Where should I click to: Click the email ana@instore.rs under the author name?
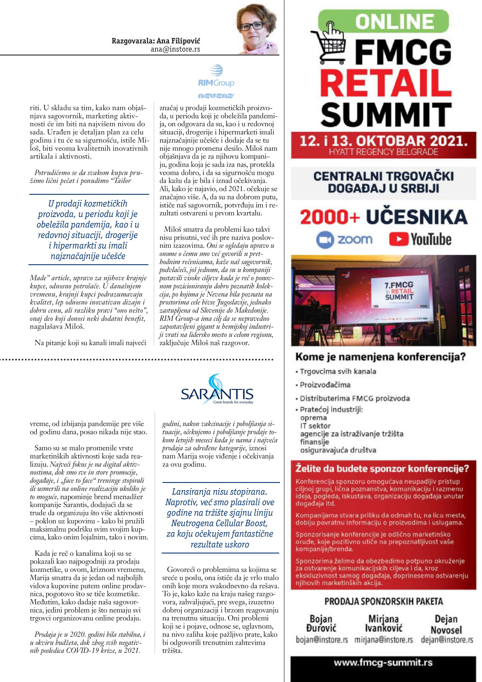coord(175,49)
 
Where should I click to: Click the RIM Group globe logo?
coord(216,71)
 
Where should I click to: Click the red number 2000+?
coord(329,217)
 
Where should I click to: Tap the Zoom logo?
coord(344,239)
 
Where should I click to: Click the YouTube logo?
coord(420,239)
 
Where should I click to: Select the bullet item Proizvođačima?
coord(325,385)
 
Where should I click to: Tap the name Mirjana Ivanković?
coord(383,624)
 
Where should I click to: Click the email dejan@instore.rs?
coord(447,640)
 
